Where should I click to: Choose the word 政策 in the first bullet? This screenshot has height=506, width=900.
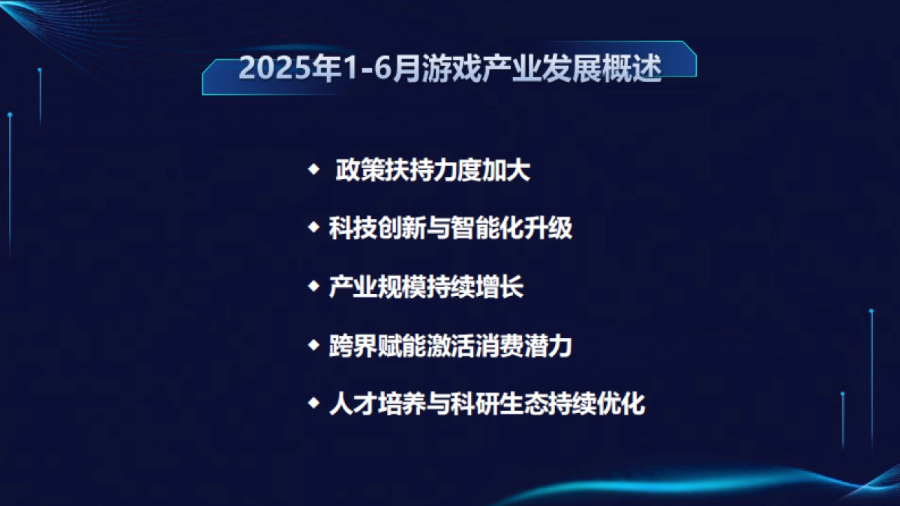[x=359, y=170]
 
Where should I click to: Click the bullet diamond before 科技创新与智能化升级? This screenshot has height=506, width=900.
[x=313, y=226]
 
